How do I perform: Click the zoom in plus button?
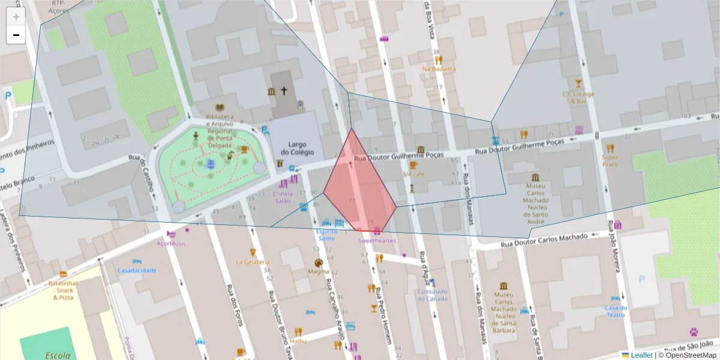pos(16,17)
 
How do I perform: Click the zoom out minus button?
pos(16,35)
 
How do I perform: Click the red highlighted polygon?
pos(360,186)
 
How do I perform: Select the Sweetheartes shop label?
pos(377,241)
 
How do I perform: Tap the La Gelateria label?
pos(253,262)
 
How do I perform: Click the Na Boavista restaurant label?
pos(439,69)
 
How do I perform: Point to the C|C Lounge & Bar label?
pos(578,97)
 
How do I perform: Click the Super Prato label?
pos(610,160)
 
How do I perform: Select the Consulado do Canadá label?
pos(432,295)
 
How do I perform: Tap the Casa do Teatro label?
pos(616,311)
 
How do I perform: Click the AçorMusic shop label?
pos(171,243)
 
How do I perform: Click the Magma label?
pos(319,271)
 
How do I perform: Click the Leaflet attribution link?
pos(641,355)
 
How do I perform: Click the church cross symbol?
pos(284,91)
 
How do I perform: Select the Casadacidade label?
pos(137,270)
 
